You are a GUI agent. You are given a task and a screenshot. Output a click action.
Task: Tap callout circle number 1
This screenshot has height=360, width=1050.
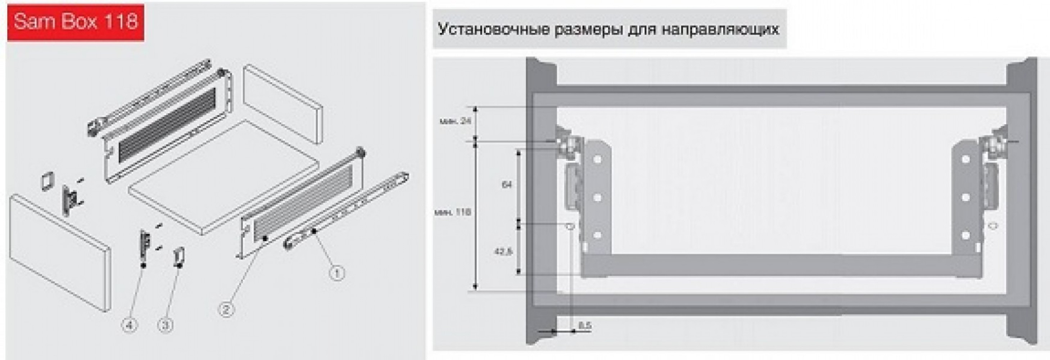(x=337, y=273)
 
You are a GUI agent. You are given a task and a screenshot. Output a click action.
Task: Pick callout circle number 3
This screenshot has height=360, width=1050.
(x=165, y=325)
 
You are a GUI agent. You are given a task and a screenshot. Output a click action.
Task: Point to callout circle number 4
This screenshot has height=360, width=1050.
(x=129, y=325)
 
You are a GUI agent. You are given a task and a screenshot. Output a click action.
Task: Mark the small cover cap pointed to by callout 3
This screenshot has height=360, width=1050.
(x=178, y=257)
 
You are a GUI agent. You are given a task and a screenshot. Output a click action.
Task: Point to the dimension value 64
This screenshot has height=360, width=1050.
(x=507, y=185)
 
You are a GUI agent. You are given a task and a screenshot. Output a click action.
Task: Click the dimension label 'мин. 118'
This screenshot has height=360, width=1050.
(x=452, y=212)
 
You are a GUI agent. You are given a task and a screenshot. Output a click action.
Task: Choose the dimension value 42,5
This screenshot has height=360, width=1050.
(x=503, y=252)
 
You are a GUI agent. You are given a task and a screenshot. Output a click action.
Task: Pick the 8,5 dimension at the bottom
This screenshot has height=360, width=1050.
(x=584, y=326)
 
